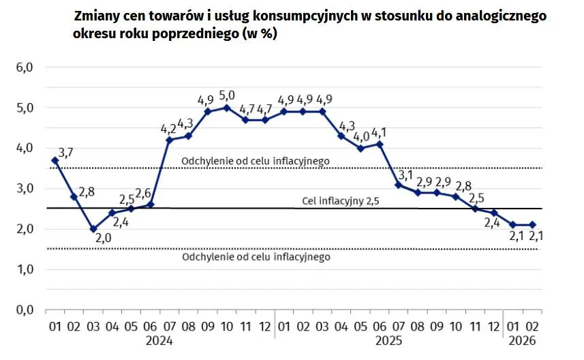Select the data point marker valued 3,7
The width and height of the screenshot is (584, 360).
(x=55, y=160)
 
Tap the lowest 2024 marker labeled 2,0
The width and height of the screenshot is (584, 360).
(x=93, y=229)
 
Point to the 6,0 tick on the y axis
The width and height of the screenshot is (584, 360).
(x=25, y=67)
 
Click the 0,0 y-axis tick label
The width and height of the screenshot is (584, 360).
(x=25, y=310)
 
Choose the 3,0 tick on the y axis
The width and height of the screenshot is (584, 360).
(x=25, y=189)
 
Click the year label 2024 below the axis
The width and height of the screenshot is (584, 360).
(x=159, y=340)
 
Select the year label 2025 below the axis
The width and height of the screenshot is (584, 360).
(x=388, y=340)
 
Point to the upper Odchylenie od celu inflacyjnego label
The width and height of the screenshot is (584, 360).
(x=256, y=161)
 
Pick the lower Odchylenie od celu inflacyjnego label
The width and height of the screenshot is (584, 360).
(x=256, y=257)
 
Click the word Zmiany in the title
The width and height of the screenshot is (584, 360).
(x=97, y=16)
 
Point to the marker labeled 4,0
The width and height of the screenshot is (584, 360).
(x=361, y=148)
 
